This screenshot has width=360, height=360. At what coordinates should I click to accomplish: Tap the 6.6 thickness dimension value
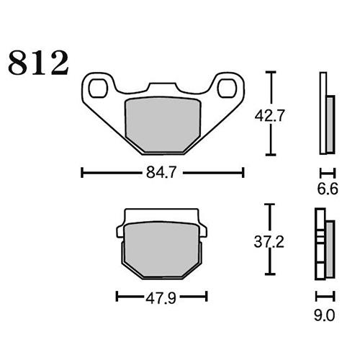click(x=327, y=189)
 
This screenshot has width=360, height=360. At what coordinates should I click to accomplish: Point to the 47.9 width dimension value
click(x=161, y=296)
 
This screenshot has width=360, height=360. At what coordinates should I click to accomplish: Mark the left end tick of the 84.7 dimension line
click(x=83, y=172)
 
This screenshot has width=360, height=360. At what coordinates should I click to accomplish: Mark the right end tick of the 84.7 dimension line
click(x=243, y=172)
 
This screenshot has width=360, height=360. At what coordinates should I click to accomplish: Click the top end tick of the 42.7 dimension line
click(x=270, y=73)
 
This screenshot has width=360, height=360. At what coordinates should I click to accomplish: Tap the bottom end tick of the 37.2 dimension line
click(x=270, y=274)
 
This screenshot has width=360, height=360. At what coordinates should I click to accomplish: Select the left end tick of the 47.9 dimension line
click(x=117, y=296)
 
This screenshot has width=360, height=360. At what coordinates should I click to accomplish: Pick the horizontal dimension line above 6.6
click(x=327, y=172)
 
